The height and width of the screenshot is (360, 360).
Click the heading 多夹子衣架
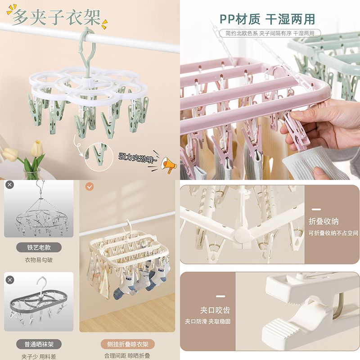click(x=56, y=17)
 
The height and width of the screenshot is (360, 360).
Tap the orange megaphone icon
click(x=169, y=165)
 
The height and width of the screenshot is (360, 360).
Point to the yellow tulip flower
click(x=37, y=149)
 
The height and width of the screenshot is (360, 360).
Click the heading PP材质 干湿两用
click(x=267, y=19)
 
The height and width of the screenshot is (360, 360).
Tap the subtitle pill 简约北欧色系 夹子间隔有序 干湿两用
click(x=270, y=33)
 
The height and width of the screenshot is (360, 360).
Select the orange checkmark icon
click(x=89, y=186)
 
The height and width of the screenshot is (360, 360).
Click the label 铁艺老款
click(x=39, y=248)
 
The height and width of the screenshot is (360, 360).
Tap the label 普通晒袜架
click(x=39, y=344)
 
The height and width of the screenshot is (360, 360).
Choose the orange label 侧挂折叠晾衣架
click(x=128, y=344)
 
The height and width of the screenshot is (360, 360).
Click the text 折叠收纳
click(x=324, y=221)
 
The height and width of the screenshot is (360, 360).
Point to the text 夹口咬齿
click(x=215, y=310)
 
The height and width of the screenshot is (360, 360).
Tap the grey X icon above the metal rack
click(x=9, y=185)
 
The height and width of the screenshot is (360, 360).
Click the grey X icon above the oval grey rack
click(x=10, y=280)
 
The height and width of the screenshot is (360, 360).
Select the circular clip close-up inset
click(x=99, y=157)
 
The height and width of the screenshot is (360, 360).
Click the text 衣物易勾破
click(x=39, y=260)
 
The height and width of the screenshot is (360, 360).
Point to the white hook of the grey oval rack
click(x=41, y=285)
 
